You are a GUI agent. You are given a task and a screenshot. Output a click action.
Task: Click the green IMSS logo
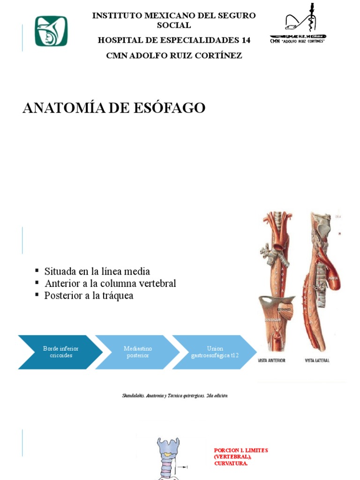[x=51, y=31]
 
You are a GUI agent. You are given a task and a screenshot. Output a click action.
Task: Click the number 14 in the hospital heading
[x=246, y=40]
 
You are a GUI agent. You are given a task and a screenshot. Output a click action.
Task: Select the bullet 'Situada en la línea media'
[x=97, y=271]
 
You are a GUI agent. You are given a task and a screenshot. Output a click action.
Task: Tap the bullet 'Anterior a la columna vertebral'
[x=110, y=284]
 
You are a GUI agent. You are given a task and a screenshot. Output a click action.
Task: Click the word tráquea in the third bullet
[x=117, y=296]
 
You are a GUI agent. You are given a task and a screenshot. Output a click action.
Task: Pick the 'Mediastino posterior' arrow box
[x=138, y=352]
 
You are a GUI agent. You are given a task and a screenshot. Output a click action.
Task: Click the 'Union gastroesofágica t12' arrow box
[x=215, y=352]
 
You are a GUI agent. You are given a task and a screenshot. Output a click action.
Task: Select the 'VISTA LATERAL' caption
[x=317, y=360]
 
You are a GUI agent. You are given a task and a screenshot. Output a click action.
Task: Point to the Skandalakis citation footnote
[x=174, y=396]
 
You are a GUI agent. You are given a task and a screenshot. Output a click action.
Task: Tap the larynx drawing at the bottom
[x=168, y=457]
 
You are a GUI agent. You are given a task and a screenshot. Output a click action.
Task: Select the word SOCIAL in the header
[x=174, y=25]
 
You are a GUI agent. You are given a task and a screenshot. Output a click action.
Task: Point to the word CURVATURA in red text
[x=231, y=464]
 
